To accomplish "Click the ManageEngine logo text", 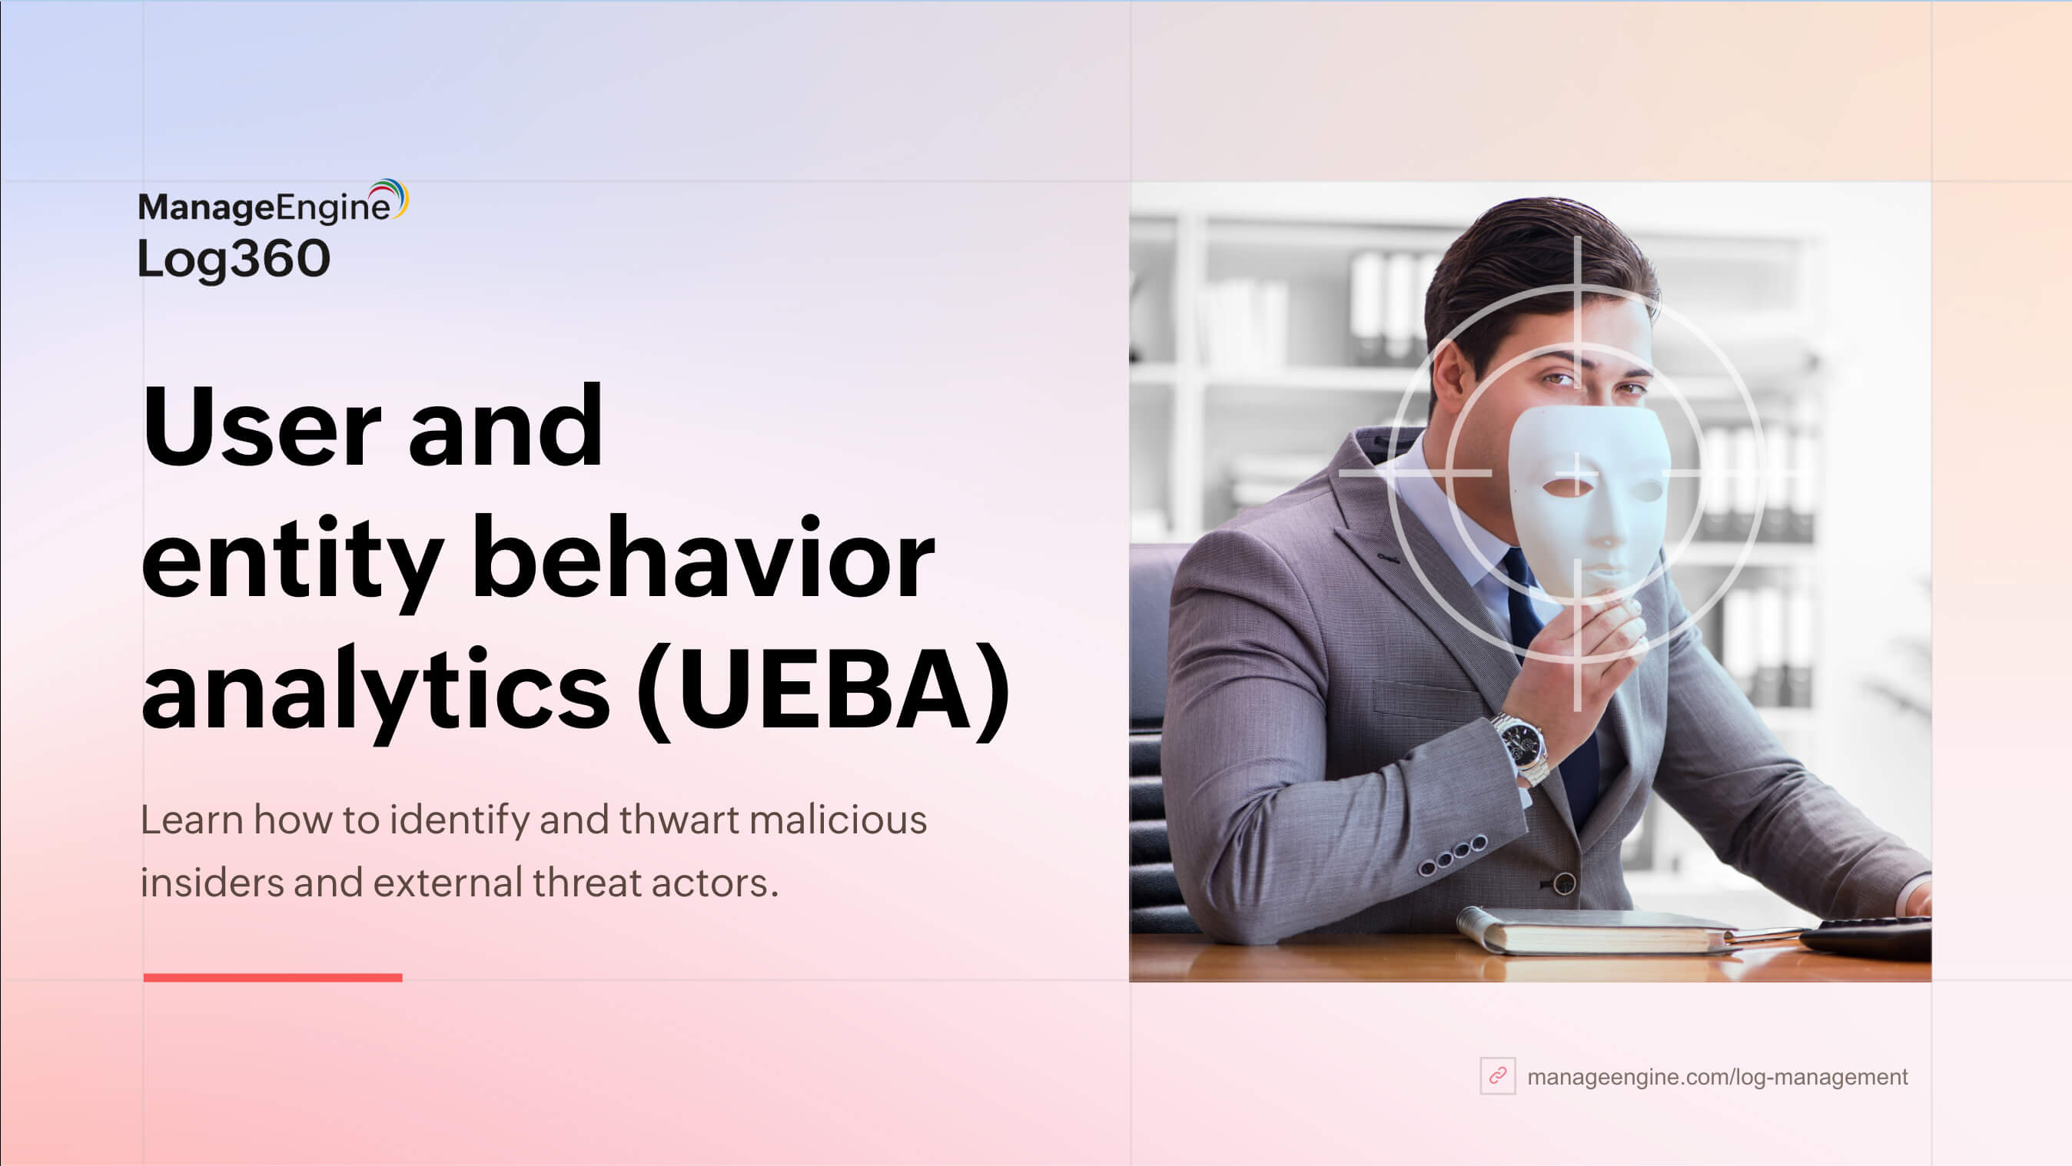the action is click(x=264, y=207).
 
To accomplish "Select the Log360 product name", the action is click(x=234, y=260).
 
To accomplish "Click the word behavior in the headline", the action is click(x=703, y=556).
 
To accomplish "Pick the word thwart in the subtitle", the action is click(x=679, y=820).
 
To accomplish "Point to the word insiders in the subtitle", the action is click(x=212, y=883).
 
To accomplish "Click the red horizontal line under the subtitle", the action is click(x=273, y=977).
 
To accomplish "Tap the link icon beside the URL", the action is click(x=1498, y=1076).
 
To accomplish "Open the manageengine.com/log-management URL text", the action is click(x=1717, y=1077).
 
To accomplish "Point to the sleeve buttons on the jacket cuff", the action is click(x=1452, y=855).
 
